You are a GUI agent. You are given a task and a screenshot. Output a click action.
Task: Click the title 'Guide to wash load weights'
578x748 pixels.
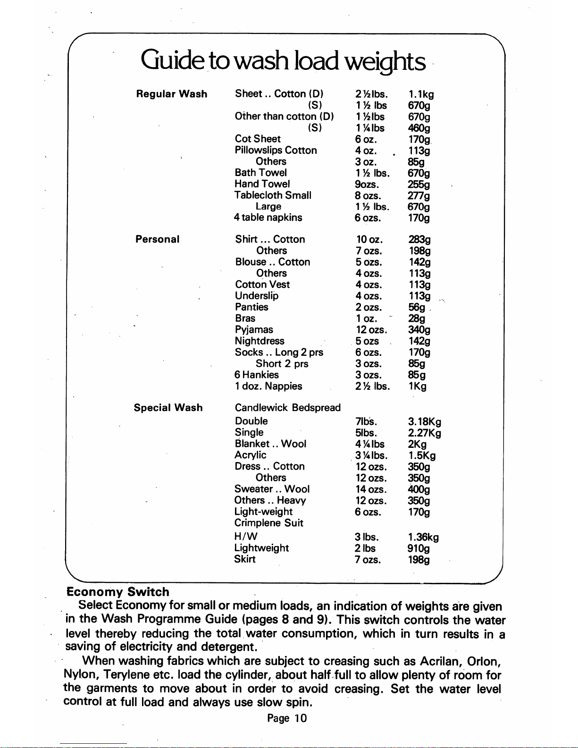click(283, 61)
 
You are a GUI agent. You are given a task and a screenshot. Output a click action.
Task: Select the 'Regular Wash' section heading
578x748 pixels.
click(171, 94)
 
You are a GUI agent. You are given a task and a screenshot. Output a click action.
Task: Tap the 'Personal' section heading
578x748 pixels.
click(157, 239)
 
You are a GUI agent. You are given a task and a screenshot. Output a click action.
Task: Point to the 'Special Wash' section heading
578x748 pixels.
click(168, 408)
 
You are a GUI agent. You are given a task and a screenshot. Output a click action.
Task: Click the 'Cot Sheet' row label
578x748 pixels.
click(258, 139)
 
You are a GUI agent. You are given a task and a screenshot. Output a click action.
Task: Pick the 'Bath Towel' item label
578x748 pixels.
click(260, 173)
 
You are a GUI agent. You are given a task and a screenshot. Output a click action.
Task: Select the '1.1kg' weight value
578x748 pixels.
click(421, 94)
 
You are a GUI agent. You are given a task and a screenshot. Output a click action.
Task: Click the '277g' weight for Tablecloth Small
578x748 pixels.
click(419, 195)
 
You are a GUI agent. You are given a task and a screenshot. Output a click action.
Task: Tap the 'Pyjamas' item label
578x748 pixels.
click(254, 329)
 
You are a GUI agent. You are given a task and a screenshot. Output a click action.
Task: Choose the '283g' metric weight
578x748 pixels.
click(419, 240)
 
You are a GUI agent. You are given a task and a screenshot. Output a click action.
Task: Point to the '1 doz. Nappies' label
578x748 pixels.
click(268, 386)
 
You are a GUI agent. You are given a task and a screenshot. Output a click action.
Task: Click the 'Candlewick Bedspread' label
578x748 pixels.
click(287, 408)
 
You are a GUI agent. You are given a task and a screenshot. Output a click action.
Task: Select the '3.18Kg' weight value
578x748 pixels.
click(424, 421)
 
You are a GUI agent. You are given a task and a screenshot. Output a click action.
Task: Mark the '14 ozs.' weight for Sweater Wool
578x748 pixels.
click(371, 489)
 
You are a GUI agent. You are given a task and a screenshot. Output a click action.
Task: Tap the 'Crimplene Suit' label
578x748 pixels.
click(268, 523)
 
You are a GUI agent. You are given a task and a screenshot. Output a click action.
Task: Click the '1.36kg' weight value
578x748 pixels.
click(423, 537)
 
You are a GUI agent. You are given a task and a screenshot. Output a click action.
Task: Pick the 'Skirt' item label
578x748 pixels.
click(245, 559)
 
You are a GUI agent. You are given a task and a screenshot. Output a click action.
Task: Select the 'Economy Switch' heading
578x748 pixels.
click(117, 592)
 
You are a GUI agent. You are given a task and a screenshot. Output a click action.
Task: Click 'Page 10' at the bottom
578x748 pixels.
click(287, 718)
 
